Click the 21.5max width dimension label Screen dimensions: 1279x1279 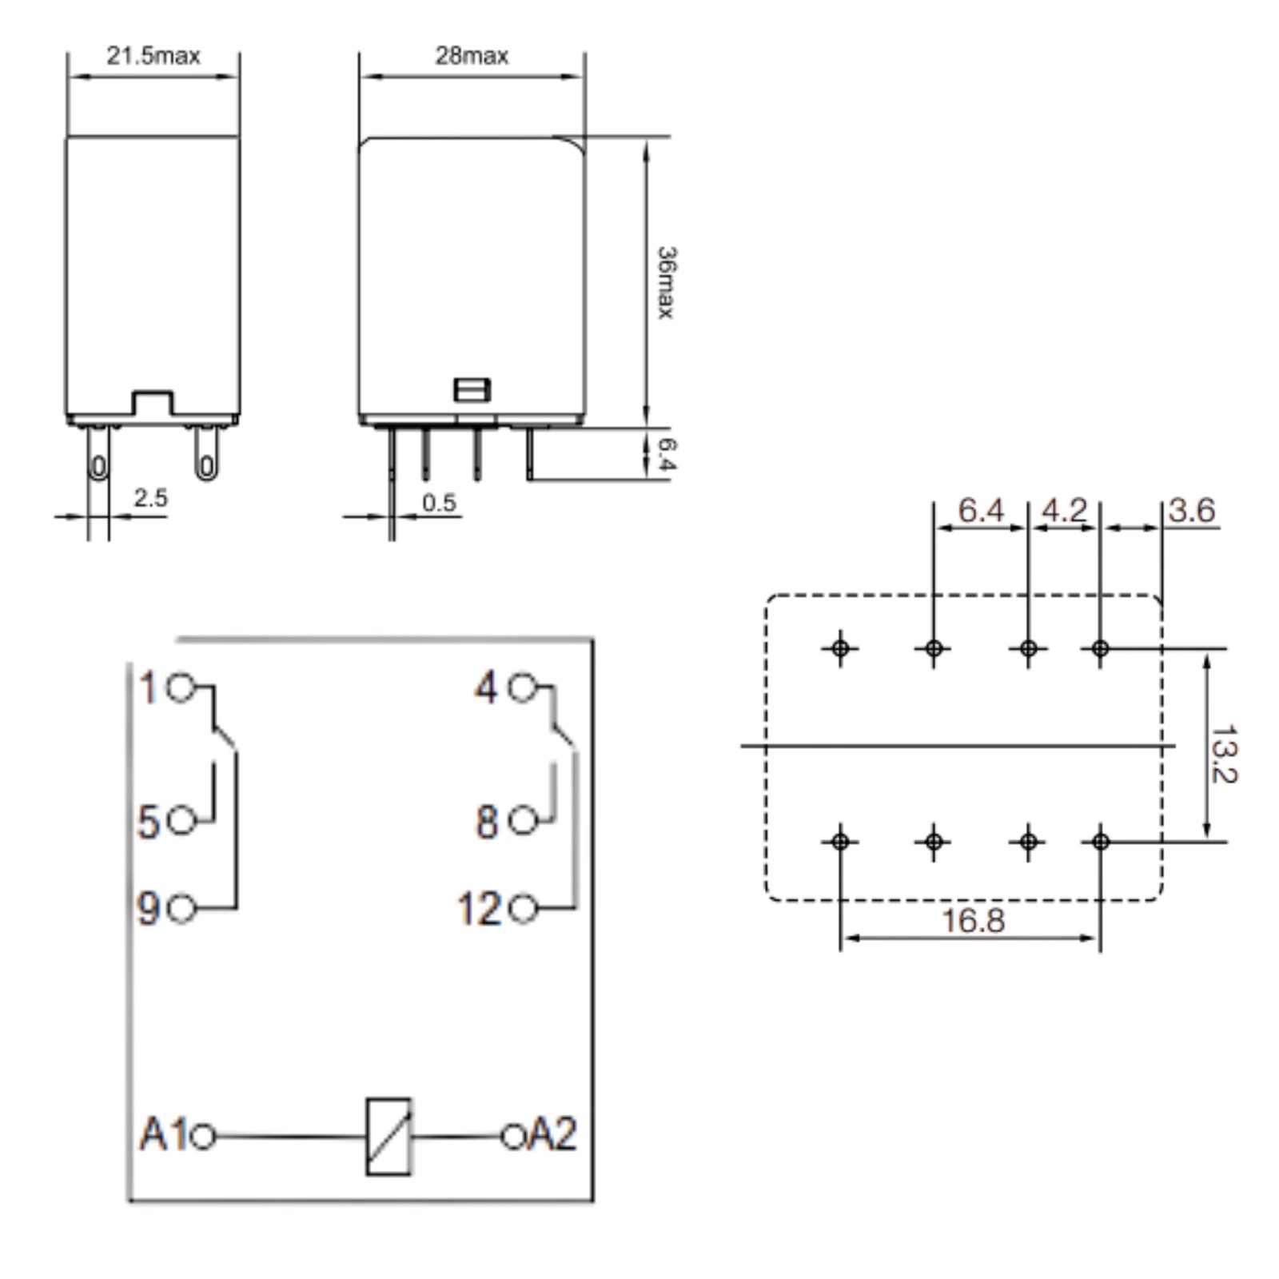coord(153,55)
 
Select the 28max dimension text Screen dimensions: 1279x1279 coord(472,55)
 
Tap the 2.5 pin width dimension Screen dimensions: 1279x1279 coord(150,498)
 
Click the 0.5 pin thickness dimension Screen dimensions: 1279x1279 coord(439,503)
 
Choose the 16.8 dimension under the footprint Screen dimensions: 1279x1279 coord(972,920)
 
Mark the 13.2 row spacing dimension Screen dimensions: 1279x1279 coord(1223,754)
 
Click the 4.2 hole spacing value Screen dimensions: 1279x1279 coord(1065,510)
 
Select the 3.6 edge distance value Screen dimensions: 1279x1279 coord(1191,510)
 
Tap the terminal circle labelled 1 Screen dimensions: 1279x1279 coord(181,687)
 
